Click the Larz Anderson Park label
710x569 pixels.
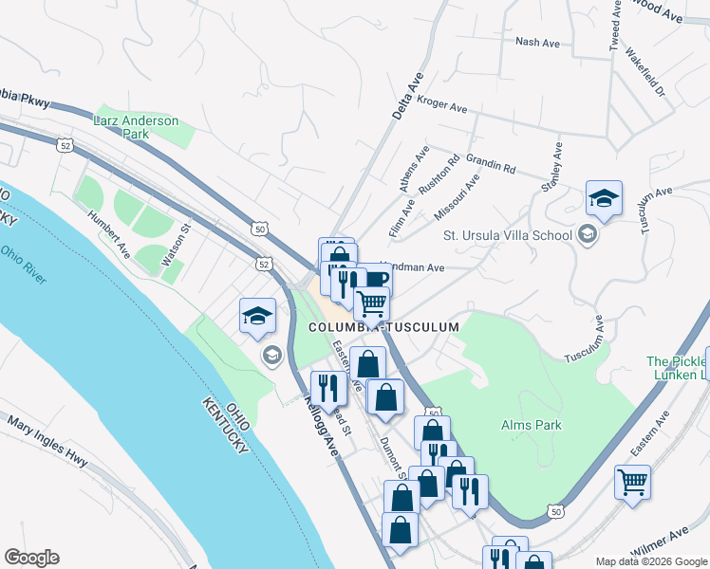tap(137, 127)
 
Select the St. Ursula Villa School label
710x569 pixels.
tap(508, 235)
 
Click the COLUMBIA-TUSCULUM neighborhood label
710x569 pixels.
tap(383, 327)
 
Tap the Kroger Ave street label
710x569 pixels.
tap(442, 103)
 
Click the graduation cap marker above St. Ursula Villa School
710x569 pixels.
tap(604, 199)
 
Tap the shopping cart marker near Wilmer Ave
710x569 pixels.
tap(632, 481)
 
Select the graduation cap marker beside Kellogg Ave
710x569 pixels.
tap(257, 317)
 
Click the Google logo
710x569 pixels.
tap(31, 558)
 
